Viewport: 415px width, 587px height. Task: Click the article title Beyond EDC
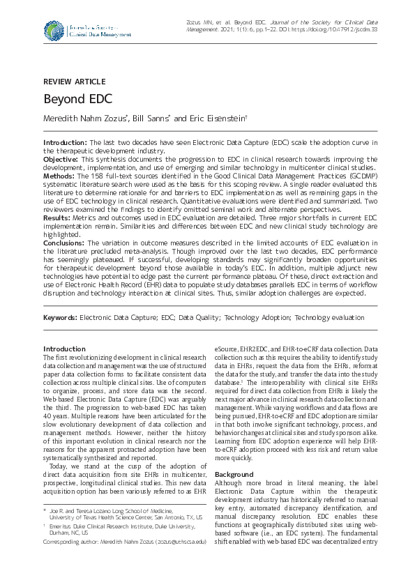click(x=74, y=99)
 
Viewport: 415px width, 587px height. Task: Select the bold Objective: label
click(x=61, y=159)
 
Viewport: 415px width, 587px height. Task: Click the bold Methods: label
click(x=60, y=176)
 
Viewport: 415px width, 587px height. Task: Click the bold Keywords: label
click(x=60, y=317)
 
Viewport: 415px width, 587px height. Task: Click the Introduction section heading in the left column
click(x=64, y=349)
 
